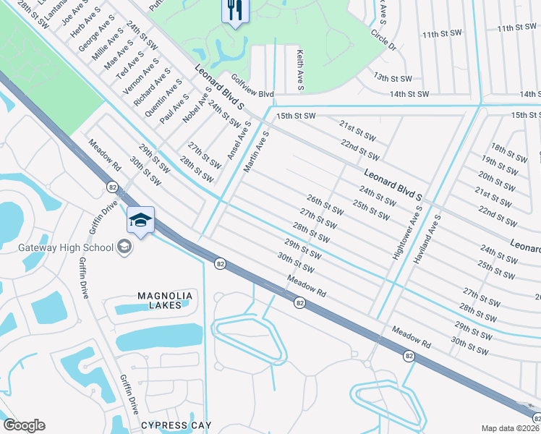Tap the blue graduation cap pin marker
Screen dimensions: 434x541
click(x=141, y=220)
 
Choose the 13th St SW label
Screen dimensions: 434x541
click(x=392, y=78)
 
